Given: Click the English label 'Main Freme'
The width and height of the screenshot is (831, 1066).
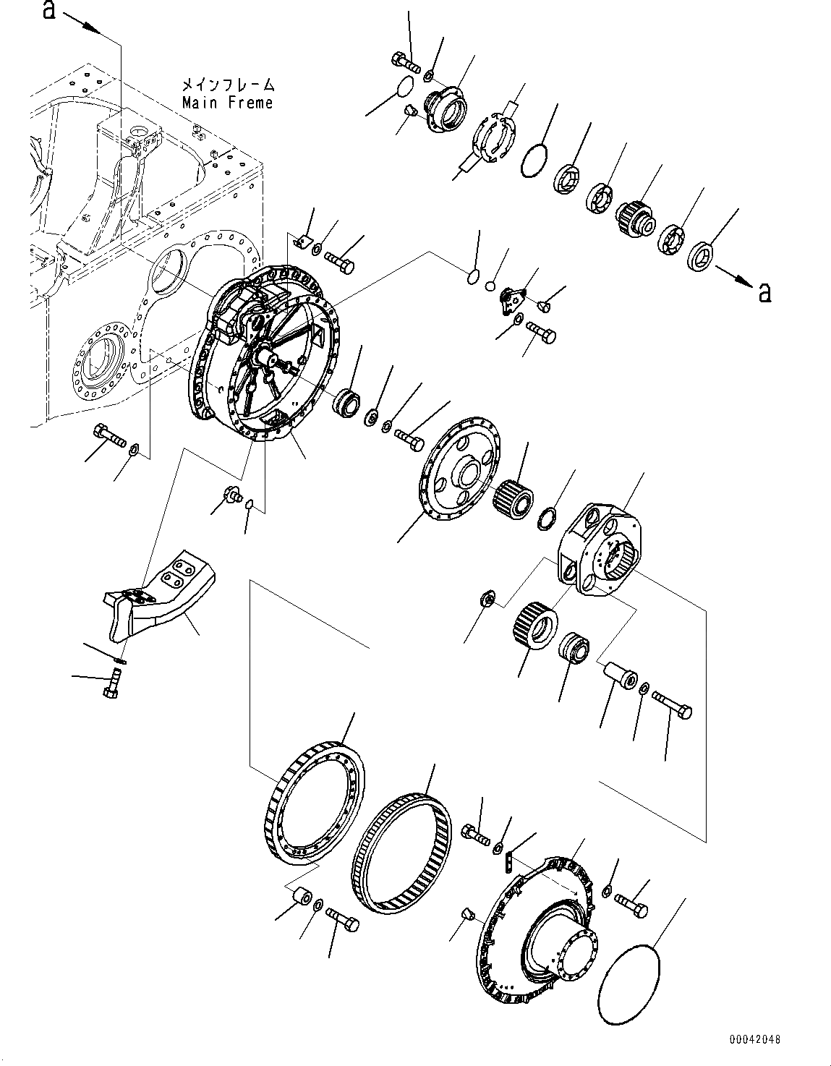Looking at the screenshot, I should pos(228,103).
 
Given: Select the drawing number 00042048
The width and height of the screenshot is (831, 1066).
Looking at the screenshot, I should pos(754,1039).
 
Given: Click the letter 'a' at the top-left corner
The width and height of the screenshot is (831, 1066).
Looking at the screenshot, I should pos(49,10).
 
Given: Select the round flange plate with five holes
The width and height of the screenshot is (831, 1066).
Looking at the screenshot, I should pos(461,469).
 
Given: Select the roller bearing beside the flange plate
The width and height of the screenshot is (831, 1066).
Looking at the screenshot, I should pos(512,498).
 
